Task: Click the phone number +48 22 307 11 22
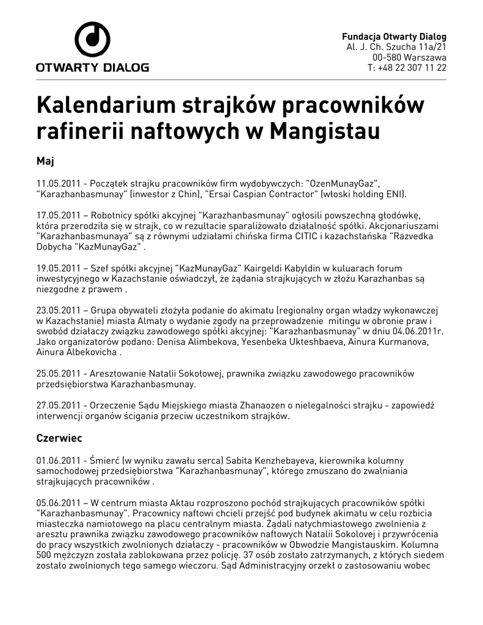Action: click(x=412, y=68)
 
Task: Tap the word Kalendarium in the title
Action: click(x=104, y=106)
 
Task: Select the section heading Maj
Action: click(x=46, y=161)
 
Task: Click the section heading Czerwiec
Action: click(x=59, y=438)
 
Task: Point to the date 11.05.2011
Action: click(x=59, y=183)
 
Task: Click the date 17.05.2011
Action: click(x=59, y=215)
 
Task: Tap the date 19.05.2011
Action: click(x=59, y=268)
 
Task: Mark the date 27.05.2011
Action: click(x=59, y=406)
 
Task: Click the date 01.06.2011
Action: click(x=59, y=460)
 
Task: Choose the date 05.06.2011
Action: click(x=59, y=502)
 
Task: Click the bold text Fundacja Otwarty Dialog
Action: click(x=394, y=36)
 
